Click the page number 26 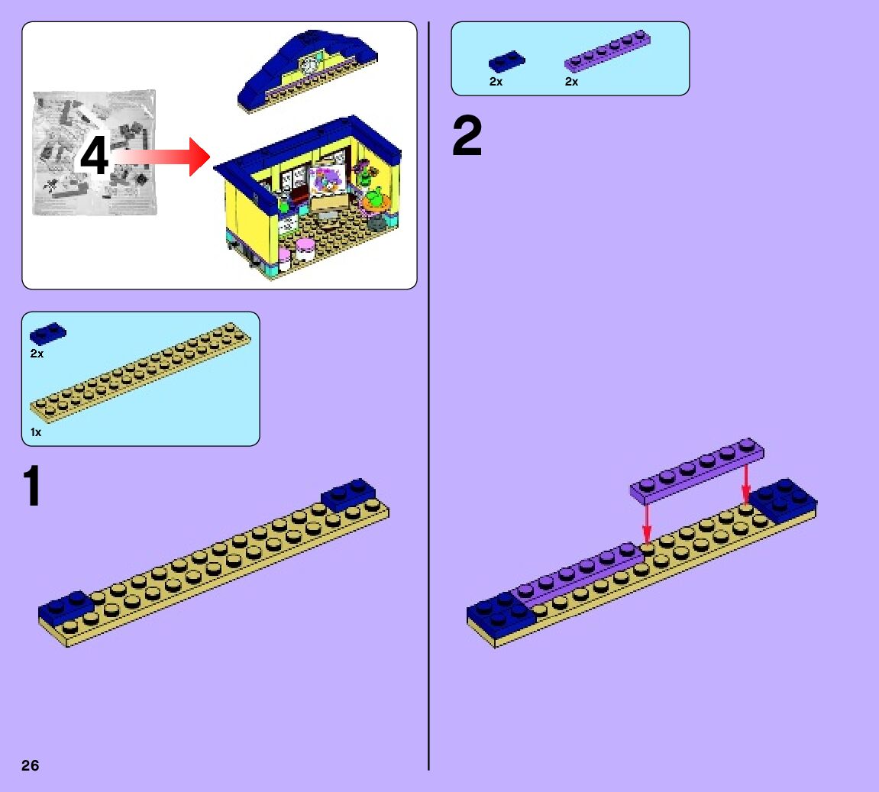pos(31,765)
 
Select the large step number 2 pos(467,137)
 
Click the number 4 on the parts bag pos(95,158)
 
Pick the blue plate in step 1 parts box pos(47,334)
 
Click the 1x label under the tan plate pos(36,432)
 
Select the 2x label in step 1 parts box pos(37,354)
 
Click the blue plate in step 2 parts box pos(507,61)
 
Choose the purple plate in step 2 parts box pos(607,52)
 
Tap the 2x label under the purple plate pos(572,82)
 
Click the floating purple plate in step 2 pos(696,470)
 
